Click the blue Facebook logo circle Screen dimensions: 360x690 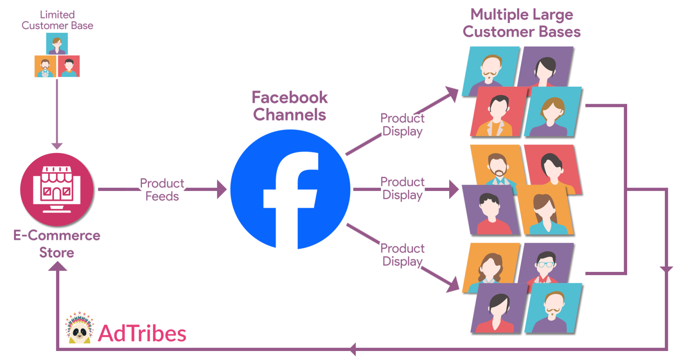[x=290, y=189]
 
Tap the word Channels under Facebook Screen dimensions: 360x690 [x=290, y=115]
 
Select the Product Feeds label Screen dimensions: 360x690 [x=162, y=190]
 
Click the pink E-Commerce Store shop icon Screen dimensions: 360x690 [x=57, y=189]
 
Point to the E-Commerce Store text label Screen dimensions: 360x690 [x=57, y=244]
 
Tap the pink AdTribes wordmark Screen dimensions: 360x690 [x=142, y=333]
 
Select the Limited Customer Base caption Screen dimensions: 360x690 [x=57, y=20]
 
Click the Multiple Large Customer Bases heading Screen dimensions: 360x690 [x=522, y=23]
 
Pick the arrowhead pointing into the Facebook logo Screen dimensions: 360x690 [x=221, y=189]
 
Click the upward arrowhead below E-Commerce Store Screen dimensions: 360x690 [x=57, y=266]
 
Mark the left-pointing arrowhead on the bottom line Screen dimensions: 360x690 [x=353, y=349]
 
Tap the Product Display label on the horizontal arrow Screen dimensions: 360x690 [x=402, y=188]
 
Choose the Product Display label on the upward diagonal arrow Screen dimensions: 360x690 [x=402, y=124]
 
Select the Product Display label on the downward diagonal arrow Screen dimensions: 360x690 [x=402, y=255]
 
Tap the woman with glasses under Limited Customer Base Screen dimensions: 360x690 [x=57, y=44]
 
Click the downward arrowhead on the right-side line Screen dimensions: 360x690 [x=666, y=269]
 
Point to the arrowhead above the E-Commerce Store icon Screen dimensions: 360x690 [x=57, y=146]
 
